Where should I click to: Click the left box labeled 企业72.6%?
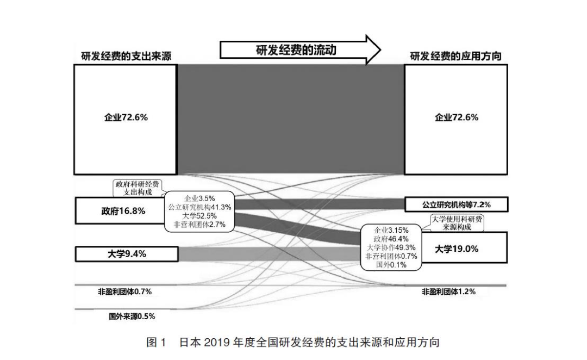point(126,119)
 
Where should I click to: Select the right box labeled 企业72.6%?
point(456,119)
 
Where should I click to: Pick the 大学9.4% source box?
point(126,253)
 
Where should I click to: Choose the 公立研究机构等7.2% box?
point(456,204)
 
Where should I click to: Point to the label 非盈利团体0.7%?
point(124,291)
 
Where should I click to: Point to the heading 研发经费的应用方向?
point(455,56)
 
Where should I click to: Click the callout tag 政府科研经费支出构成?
point(140,188)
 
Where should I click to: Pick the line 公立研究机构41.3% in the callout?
point(199,207)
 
